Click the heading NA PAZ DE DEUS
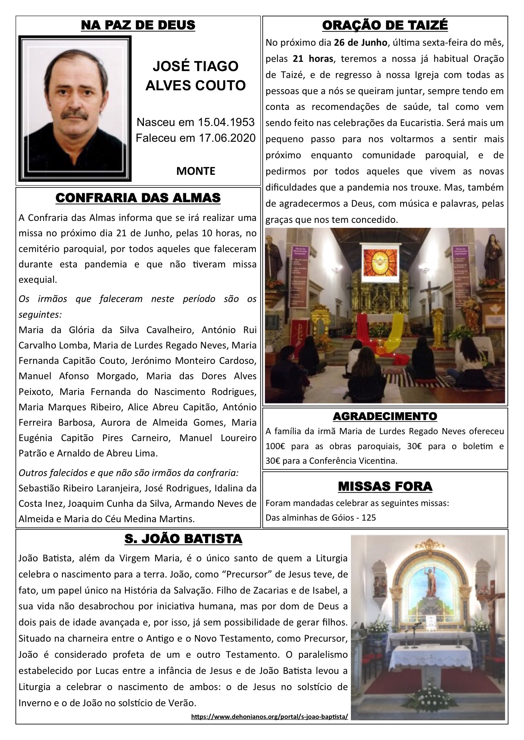point(138,25)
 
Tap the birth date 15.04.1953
point(226,122)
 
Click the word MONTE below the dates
point(195,171)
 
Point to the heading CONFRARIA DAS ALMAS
point(138,198)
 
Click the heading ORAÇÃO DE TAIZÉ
point(385,25)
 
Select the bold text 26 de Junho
point(360,43)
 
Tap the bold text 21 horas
point(313,59)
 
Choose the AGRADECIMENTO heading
point(385,416)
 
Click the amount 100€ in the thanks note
point(275,446)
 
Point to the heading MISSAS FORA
point(385,486)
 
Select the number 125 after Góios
point(369,518)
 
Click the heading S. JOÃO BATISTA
point(183,539)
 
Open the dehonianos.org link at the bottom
point(269,717)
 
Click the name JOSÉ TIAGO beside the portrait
point(195,66)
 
